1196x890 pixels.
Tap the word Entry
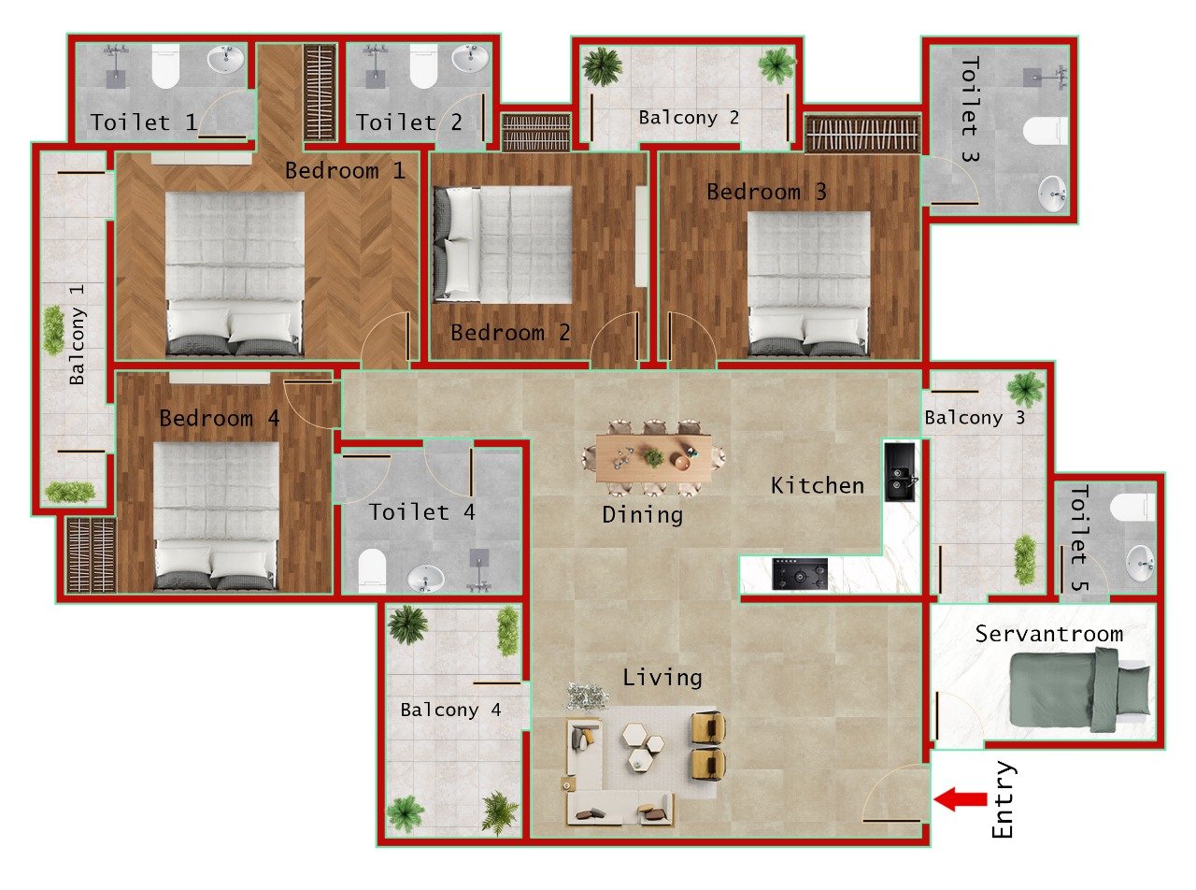pyautogui.click(x=1003, y=800)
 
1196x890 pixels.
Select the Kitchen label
pyautogui.click(x=817, y=485)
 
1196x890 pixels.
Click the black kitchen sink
pyautogui.click(x=900, y=472)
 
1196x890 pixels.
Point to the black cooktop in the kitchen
pyautogui.click(x=800, y=574)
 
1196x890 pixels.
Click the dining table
pyautogui.click(x=653, y=458)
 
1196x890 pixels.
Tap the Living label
pyautogui.click(x=662, y=678)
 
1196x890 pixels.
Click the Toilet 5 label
pyautogui.click(x=1079, y=538)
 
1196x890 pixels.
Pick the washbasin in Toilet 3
pyautogui.click(x=1054, y=194)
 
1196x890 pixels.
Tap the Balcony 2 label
pyautogui.click(x=689, y=118)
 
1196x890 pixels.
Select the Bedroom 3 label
pyautogui.click(x=766, y=193)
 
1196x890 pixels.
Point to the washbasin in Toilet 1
pyautogui.click(x=225, y=61)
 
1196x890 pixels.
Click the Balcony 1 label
pyautogui.click(x=78, y=333)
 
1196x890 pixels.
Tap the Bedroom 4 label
pyautogui.click(x=219, y=418)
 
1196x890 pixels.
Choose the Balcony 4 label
pyautogui.click(x=450, y=710)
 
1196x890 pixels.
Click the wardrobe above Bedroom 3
pyautogui.click(x=862, y=135)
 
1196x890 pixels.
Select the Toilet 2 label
pyautogui.click(x=408, y=122)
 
